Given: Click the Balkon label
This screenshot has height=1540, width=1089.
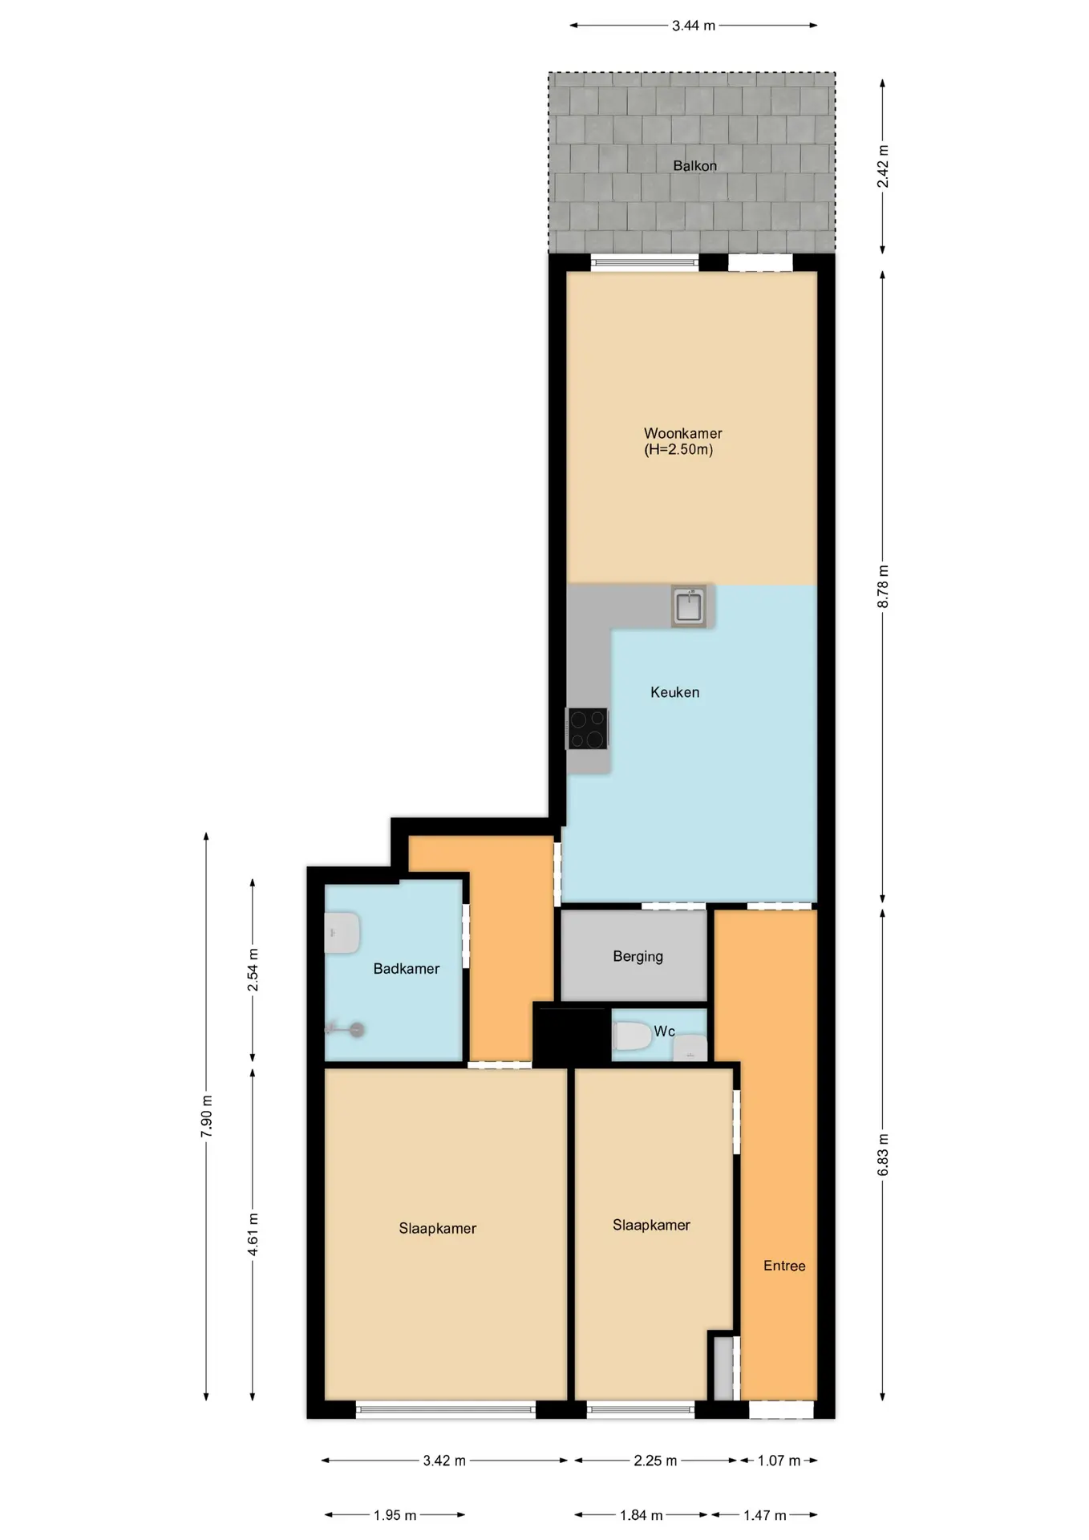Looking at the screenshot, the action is pos(694,166).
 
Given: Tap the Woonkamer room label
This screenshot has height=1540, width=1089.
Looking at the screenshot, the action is pos(683,433).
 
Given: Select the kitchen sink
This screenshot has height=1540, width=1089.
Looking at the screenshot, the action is pos(689,606).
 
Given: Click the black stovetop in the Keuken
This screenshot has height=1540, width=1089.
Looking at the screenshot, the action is pos(588,728).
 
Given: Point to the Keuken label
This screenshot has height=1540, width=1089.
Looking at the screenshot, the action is pos(674,692).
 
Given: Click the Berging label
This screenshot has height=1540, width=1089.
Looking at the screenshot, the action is pos(638,956).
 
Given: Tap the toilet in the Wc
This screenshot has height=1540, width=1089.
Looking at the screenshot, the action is pos(632,1035).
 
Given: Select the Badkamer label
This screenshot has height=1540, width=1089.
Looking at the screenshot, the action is pos(407,969).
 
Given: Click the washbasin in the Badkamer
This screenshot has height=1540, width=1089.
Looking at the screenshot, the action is pos(342,933).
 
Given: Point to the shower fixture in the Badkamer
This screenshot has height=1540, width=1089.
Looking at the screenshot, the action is pos(346,1029).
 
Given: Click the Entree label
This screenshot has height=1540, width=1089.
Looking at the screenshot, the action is pos(784,1266).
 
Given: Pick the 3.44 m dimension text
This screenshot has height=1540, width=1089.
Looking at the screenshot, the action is pos(694,26).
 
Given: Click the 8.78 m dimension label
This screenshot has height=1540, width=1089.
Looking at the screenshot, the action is pos(883,586).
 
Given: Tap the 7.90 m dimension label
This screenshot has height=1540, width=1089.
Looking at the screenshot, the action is pos(207,1116).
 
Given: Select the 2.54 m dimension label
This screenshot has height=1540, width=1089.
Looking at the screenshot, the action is pos(253,970).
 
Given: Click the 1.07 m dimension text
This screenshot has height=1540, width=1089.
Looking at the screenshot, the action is pos(779,1461).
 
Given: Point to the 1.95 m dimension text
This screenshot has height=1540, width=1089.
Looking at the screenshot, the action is pos(395,1515).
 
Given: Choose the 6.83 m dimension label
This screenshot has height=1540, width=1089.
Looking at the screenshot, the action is pos(883,1155).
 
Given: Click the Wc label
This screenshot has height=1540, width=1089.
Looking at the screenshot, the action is pos(664,1031).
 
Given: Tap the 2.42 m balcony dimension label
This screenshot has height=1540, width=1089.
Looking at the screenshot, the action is pos(883,167).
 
